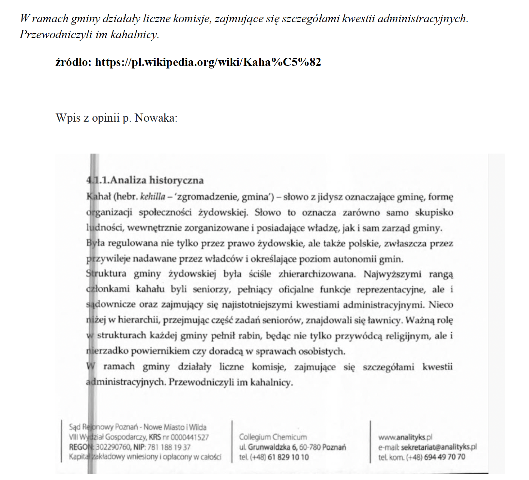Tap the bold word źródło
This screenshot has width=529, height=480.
click(73, 62)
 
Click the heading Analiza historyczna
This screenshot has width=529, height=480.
click(157, 180)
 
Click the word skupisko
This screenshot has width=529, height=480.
click(434, 213)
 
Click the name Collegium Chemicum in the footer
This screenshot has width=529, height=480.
click(273, 437)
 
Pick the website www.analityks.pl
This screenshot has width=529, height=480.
click(405, 437)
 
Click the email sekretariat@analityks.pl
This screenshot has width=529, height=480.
click(439, 447)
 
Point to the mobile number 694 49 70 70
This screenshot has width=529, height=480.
click(445, 457)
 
